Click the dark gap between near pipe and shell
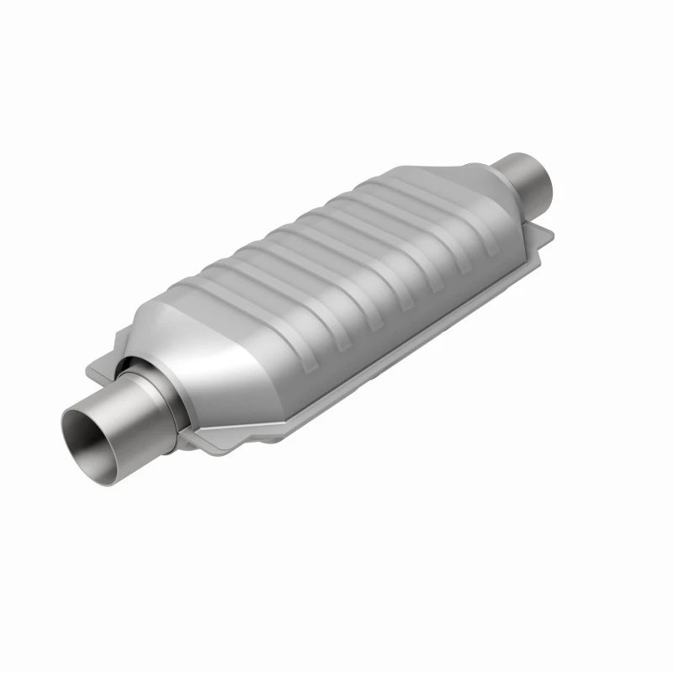tap(126, 367)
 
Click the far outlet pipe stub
tap(530, 172)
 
